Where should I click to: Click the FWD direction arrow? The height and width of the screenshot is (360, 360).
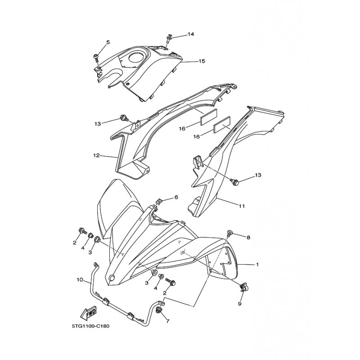coord(88,313)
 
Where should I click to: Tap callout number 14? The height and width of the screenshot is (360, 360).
coord(191,34)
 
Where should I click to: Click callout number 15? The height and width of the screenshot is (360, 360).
coord(202,61)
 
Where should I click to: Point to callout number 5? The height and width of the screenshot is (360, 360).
coord(108,42)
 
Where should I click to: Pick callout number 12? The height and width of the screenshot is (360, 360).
coord(96,155)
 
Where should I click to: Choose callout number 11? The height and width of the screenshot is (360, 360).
coord(242,206)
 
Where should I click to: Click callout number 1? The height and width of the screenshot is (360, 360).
coord(257,265)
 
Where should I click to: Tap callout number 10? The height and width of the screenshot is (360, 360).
coord(80,280)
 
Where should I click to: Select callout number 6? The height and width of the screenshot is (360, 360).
coord(176,197)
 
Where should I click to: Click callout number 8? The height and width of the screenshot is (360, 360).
coord(248,238)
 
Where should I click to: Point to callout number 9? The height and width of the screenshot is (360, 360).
coord(240,304)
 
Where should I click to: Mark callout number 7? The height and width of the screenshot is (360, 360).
coord(167,321)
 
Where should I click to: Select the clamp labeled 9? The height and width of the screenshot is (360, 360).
coord(243,287)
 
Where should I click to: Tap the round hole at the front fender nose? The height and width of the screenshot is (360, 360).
coord(112,278)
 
